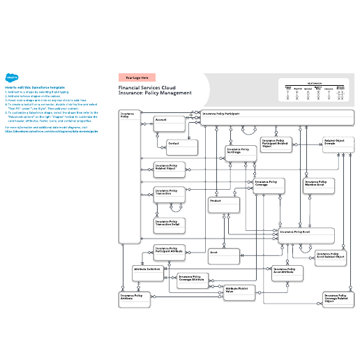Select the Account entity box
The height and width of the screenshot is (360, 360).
tap(168, 123)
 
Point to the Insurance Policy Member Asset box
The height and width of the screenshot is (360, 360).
tap(320, 186)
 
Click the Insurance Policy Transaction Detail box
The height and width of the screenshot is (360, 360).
tap(170, 225)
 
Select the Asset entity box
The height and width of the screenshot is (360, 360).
tap(222, 256)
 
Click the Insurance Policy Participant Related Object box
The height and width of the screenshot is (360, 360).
tap(276, 144)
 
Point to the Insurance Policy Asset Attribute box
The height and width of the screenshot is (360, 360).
tap(288, 273)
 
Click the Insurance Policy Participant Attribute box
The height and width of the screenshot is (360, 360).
tap(170, 253)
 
